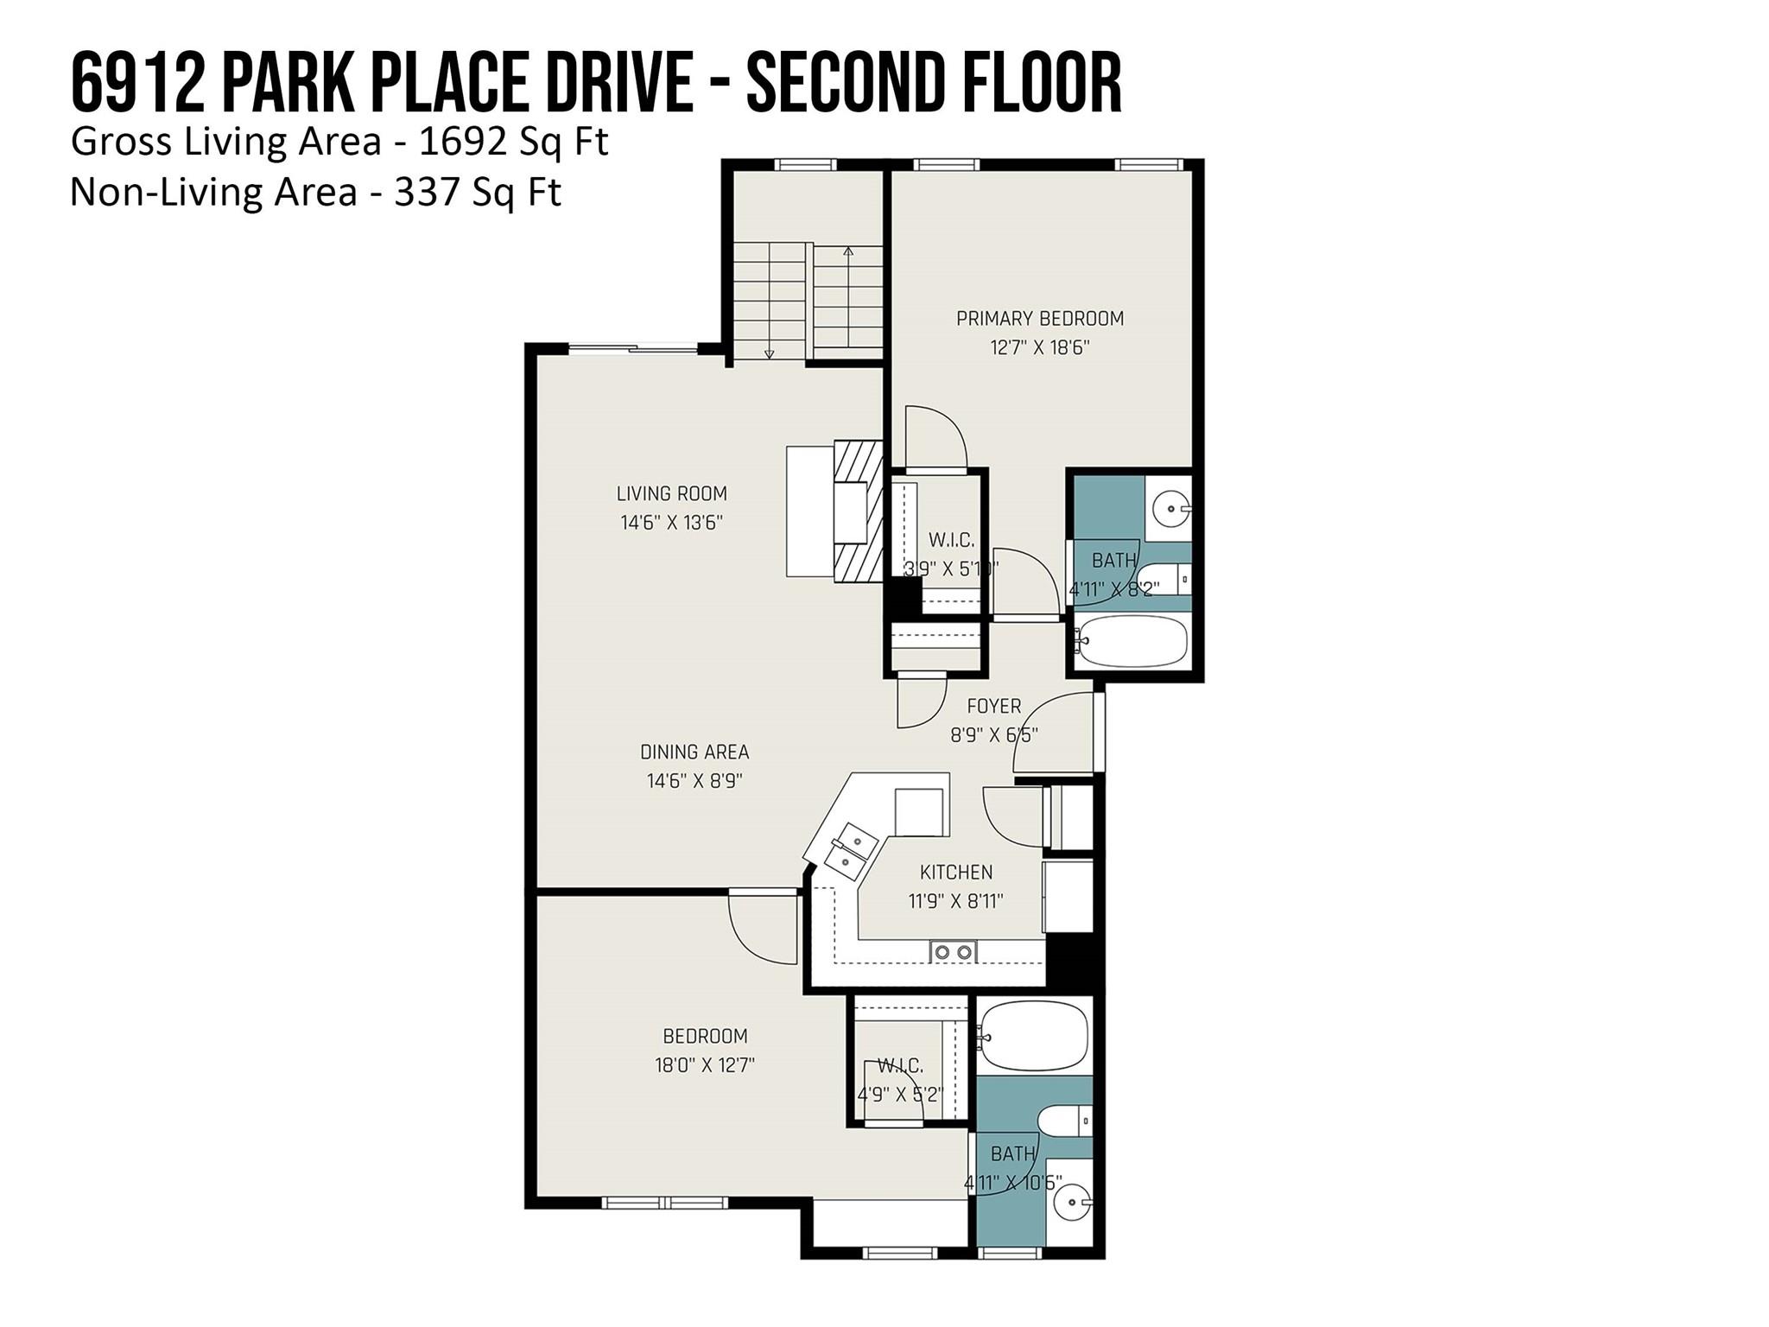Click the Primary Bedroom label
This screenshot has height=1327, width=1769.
1039,319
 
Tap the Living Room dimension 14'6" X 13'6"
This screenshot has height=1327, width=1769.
671,523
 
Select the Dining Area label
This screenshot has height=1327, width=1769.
694,752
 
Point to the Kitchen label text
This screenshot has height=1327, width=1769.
955,873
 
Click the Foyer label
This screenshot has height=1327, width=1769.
993,707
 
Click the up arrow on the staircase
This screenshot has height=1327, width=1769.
848,252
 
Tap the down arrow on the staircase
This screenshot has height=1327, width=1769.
769,352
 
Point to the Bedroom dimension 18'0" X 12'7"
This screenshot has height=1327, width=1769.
705,1065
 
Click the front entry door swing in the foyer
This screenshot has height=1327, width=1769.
1052,731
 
